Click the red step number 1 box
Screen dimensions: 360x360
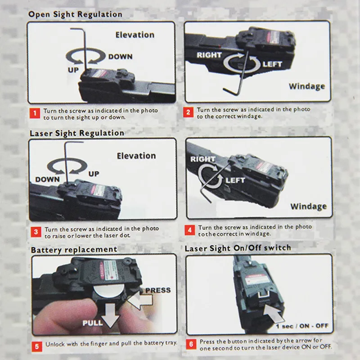coord(35,113)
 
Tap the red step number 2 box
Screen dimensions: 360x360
coord(189,112)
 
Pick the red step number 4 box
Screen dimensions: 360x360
coord(191,230)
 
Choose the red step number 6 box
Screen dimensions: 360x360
coord(192,345)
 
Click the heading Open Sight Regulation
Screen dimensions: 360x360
coord(75,14)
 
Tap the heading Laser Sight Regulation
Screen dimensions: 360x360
coord(76,133)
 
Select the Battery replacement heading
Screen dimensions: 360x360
coord(74,249)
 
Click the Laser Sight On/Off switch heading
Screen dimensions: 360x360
coord(238,248)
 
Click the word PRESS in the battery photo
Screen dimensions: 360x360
coord(157,290)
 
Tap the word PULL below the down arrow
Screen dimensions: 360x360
coord(92,323)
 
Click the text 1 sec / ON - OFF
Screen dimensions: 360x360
coord(302,326)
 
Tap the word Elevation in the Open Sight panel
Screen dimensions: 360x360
coord(135,35)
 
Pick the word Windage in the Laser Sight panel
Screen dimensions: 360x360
coord(308,207)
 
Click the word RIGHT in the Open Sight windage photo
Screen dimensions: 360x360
coord(209,55)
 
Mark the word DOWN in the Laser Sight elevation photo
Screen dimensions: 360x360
coord(47,180)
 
